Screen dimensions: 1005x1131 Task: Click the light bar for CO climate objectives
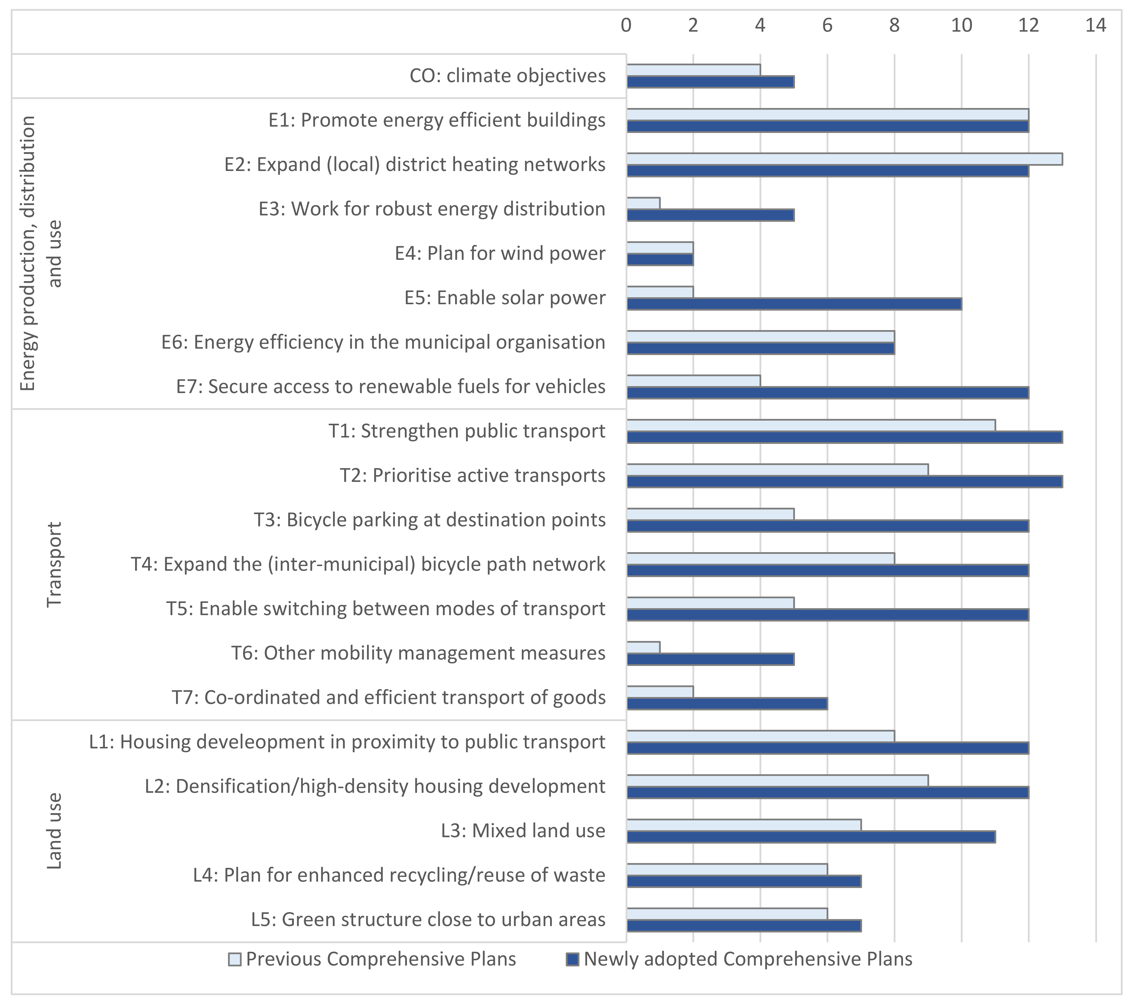693,70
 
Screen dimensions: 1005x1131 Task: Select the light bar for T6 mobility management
643,647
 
